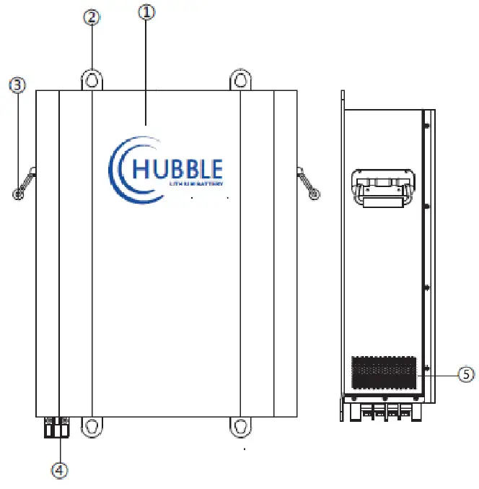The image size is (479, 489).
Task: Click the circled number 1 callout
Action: pos(146,12)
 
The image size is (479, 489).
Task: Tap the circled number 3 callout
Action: pos(17,85)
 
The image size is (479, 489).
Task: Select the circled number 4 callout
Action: pos(61,469)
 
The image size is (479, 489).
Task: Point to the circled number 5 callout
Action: pos(467,374)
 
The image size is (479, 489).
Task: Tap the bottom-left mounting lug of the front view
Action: pos(91,426)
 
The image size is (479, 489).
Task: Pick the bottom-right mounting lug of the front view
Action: pos(240,426)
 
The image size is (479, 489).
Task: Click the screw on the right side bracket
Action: pos(314,194)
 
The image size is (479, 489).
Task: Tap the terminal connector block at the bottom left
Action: pos(57,427)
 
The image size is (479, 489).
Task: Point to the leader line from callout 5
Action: pos(436,374)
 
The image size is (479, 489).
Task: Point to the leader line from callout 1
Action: pos(146,72)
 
